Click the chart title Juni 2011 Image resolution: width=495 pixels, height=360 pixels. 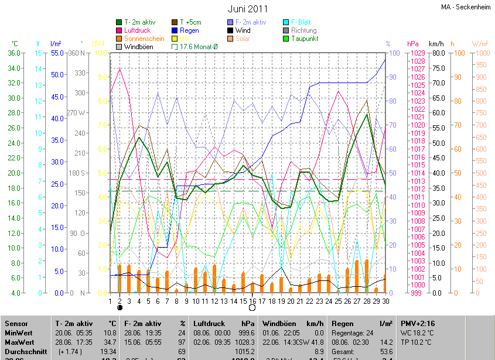pyautogui.click(x=248, y=9)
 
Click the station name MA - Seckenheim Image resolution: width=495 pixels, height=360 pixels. pyautogui.click(x=466, y=7)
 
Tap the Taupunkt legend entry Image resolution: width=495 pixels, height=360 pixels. pyautogui.click(x=305, y=39)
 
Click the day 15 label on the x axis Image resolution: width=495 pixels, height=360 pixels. pyautogui.click(x=243, y=301)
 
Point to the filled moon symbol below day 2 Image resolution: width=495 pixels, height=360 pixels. pyautogui.click(x=120, y=307)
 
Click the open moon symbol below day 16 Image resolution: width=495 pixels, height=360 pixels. pyautogui.click(x=252, y=307)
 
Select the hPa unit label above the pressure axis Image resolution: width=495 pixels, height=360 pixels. pyautogui.click(x=413, y=44)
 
